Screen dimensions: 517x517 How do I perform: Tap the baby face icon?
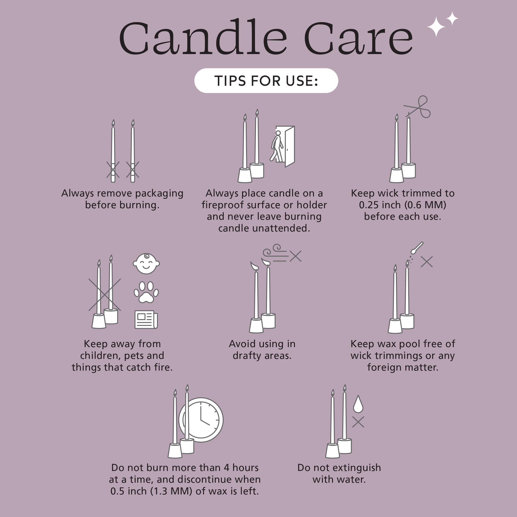click(146, 264)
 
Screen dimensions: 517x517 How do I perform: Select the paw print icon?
click(146, 292)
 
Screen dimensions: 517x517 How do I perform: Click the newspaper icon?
click(146, 320)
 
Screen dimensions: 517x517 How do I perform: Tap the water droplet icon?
click(358, 404)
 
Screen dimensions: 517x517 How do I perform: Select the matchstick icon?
click(417, 248)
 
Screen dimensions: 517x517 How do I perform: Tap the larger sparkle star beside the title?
click(436, 27)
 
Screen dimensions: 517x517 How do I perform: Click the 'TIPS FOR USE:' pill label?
click(266, 81)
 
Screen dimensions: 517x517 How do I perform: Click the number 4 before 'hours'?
click(226, 468)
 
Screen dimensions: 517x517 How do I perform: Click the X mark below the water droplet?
click(358, 422)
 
